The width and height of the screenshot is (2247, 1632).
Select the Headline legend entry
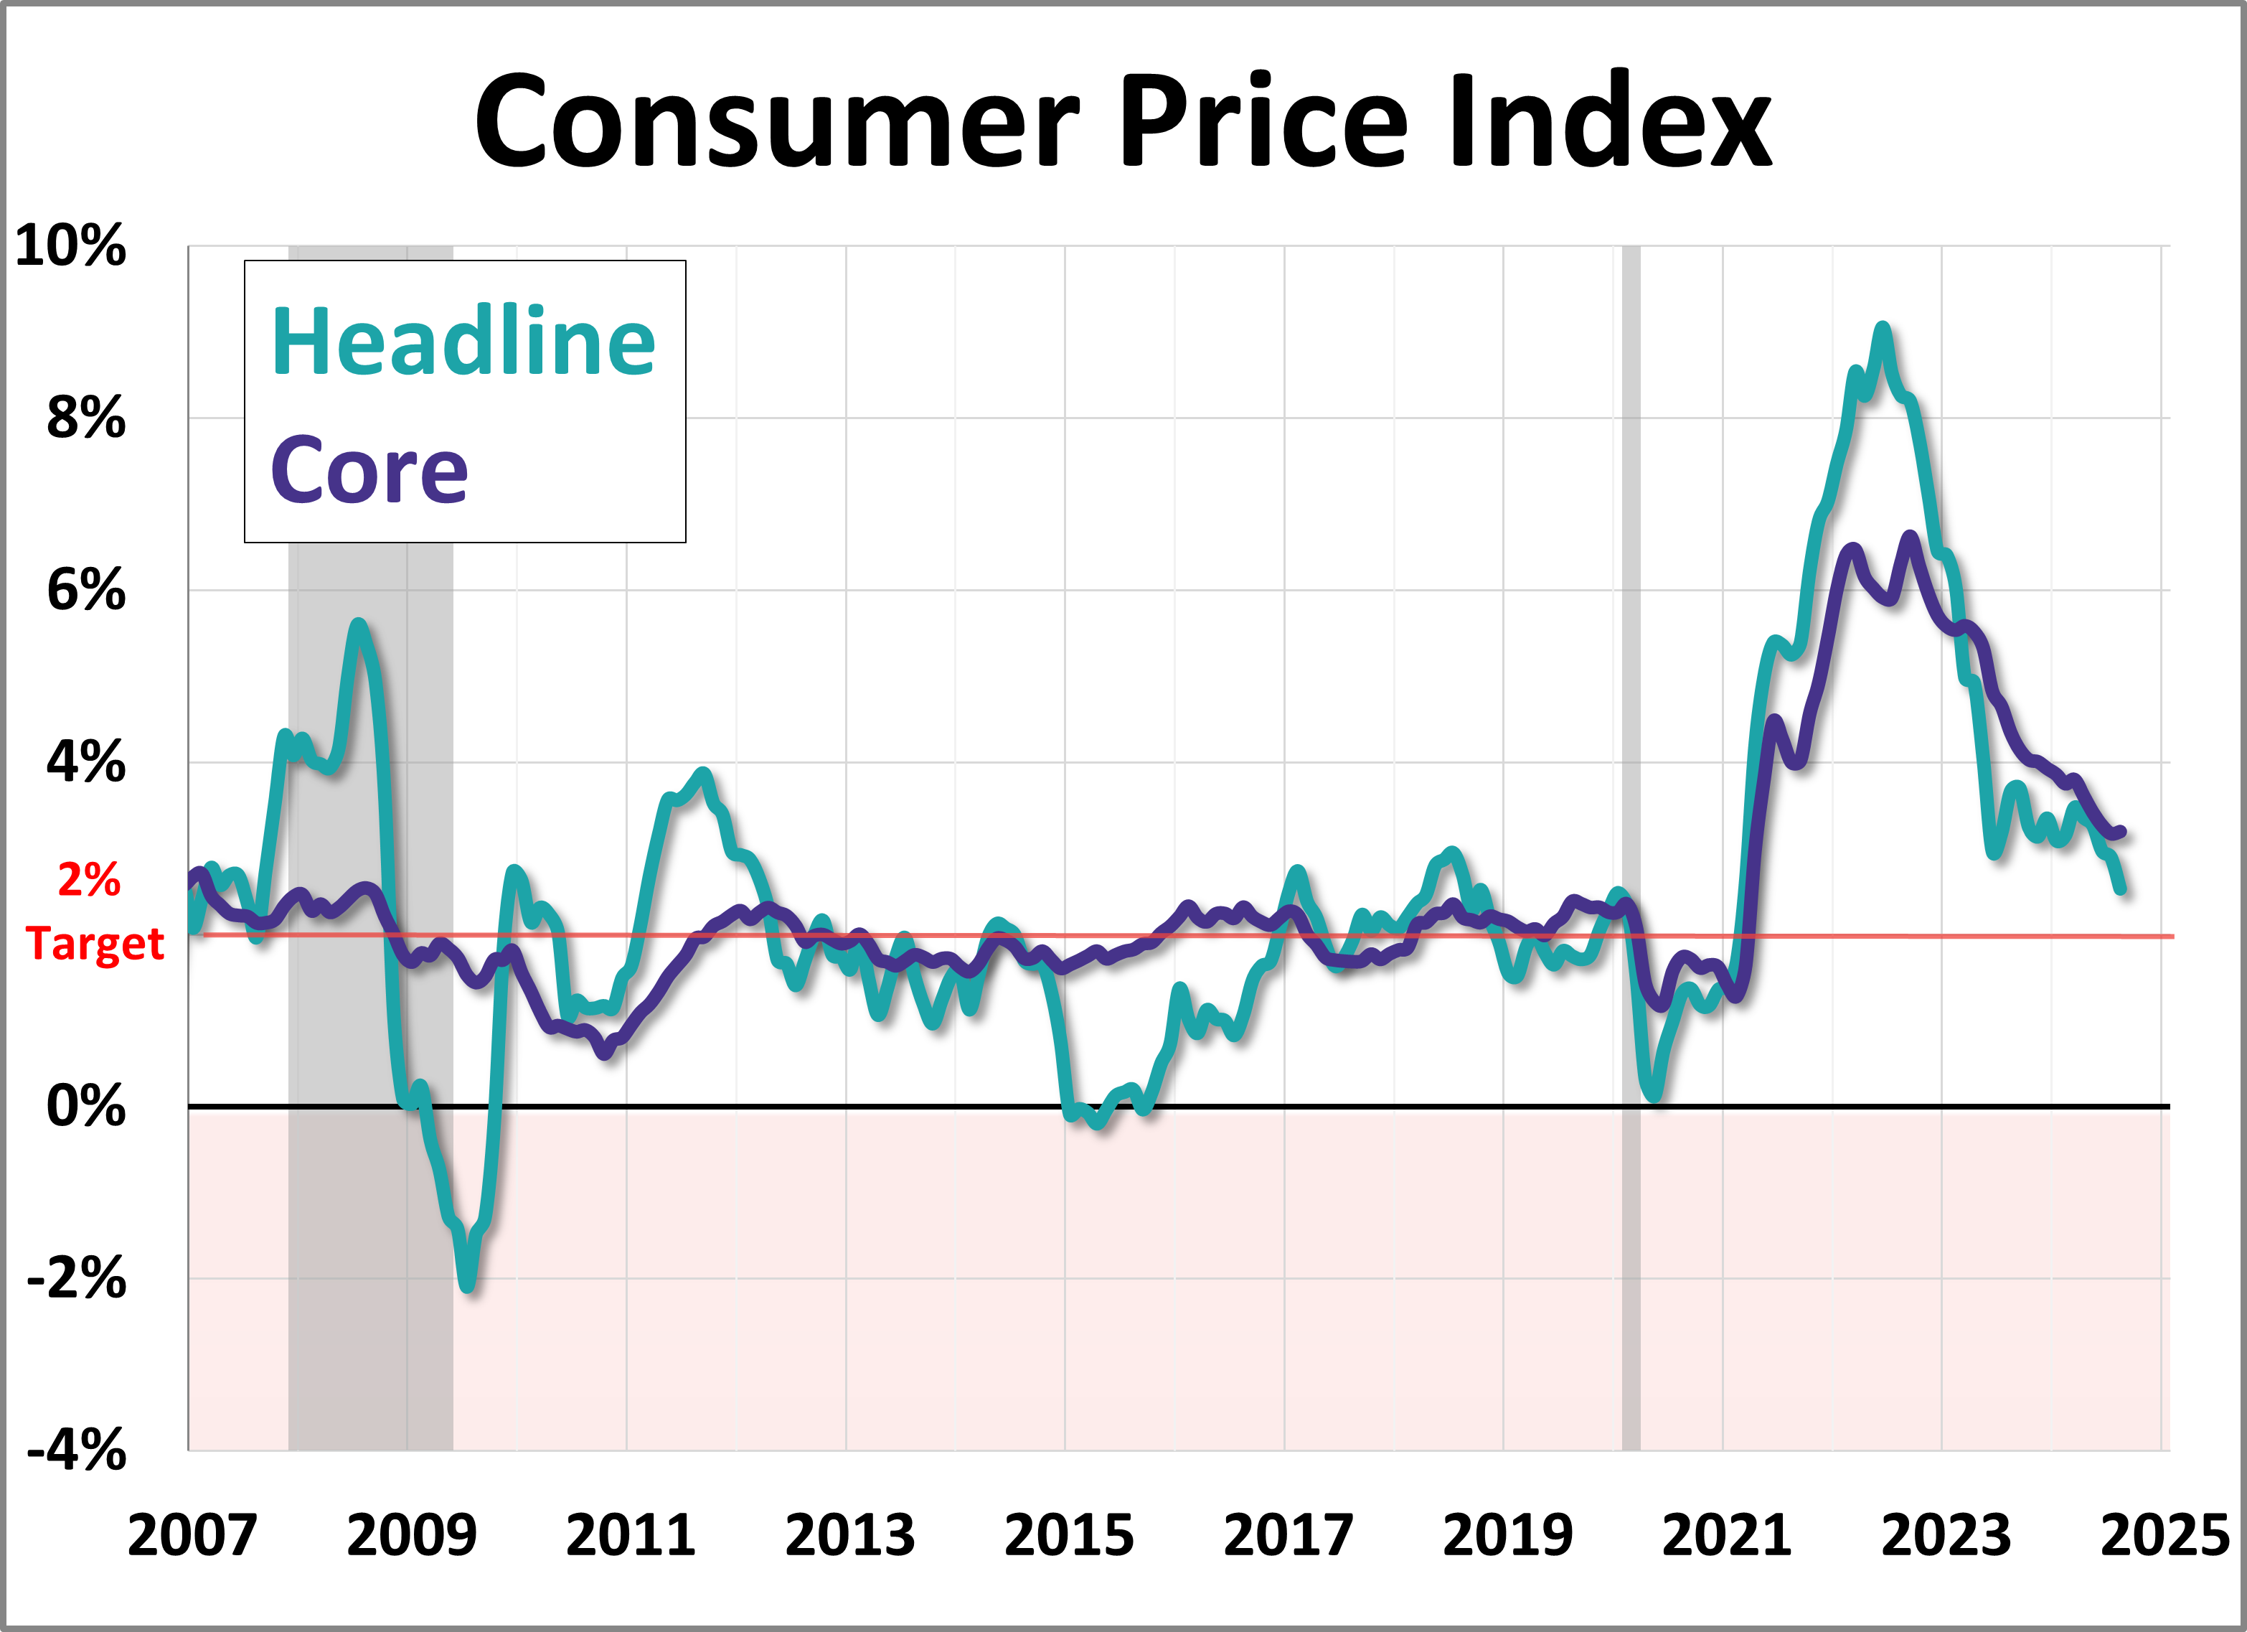pyautogui.click(x=463, y=342)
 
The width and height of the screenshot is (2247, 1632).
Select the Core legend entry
pyautogui.click(x=369, y=471)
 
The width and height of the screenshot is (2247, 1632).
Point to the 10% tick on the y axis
pyautogui.click(x=71, y=245)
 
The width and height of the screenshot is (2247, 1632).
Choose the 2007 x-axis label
pyautogui.click(x=192, y=1536)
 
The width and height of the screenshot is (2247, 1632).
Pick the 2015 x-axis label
pyautogui.click(x=1068, y=1536)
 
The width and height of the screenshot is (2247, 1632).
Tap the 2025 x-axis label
pyautogui.click(x=2164, y=1536)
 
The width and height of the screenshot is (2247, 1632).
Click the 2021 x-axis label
pyautogui.click(x=1726, y=1536)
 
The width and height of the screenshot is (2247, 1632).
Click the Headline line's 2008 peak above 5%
pyautogui.click(x=358, y=625)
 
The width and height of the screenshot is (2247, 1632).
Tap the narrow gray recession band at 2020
pyautogui.click(x=1631, y=693)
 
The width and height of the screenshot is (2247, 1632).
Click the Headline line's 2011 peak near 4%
pyautogui.click(x=703, y=773)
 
